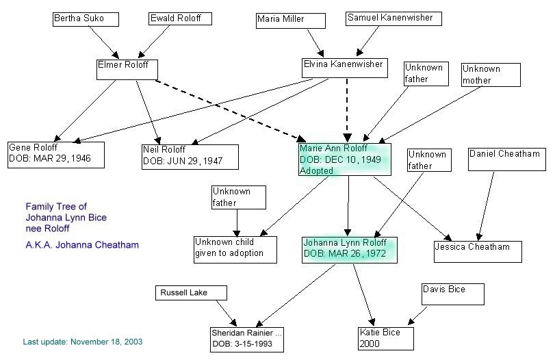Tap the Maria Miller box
pyautogui.click(x=290, y=21)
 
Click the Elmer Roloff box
pyautogui.click(x=127, y=68)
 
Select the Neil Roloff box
pyautogui.click(x=190, y=157)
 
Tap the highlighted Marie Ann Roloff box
pyautogui.click(x=344, y=159)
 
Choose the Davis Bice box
pyautogui.click(x=453, y=294)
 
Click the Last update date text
pyautogui.click(x=83, y=341)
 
